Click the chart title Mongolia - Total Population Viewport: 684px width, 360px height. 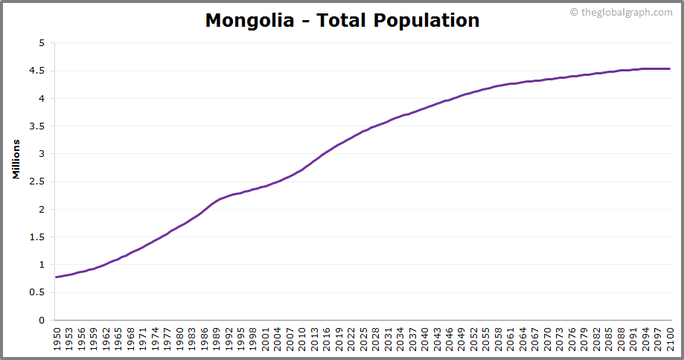click(x=342, y=20)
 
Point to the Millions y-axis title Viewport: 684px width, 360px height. click(x=16, y=158)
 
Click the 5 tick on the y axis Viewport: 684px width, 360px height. click(x=42, y=43)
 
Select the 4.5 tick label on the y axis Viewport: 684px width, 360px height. click(x=38, y=71)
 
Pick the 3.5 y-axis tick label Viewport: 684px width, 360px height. click(x=38, y=126)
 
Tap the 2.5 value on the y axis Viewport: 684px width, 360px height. click(x=38, y=181)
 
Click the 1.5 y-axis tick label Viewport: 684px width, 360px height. click(x=38, y=237)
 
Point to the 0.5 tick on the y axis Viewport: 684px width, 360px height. click(x=38, y=292)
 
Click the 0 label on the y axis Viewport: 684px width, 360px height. click(x=42, y=321)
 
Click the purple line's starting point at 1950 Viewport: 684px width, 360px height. click(x=57, y=277)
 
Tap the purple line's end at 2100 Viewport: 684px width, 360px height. click(x=670, y=69)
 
